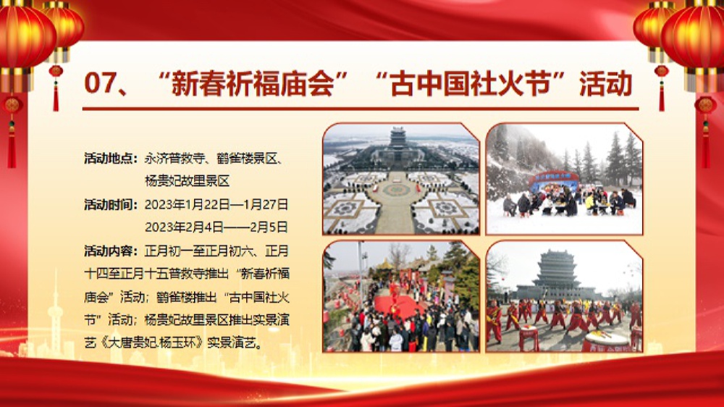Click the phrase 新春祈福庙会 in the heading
point(252,83)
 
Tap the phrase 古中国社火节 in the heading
point(471,83)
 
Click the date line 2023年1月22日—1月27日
point(216,204)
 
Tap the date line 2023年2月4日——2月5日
point(216,227)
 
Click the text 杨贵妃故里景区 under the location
point(187,181)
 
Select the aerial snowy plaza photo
point(401,179)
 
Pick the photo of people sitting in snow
point(564,179)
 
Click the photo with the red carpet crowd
point(401,296)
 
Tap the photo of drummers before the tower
point(564,296)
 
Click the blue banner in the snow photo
point(554,180)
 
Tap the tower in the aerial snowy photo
point(397,137)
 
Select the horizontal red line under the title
point(361,109)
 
